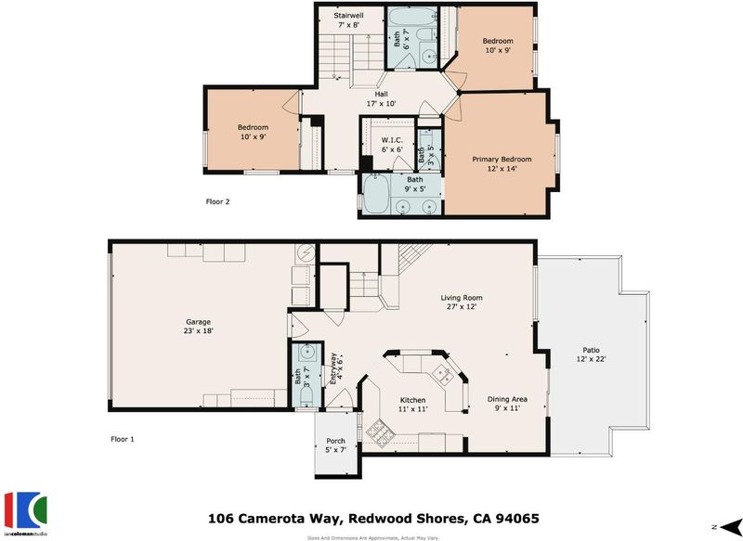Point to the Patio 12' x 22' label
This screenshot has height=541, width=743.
tap(591, 354)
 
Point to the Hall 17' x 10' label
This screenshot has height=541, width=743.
tap(381, 98)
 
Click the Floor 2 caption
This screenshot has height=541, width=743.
tap(217, 201)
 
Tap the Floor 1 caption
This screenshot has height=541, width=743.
tap(123, 439)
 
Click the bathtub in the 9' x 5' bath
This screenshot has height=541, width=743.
tap(377, 194)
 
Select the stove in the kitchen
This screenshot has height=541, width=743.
tap(378, 432)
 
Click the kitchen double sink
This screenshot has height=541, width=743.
tap(444, 374)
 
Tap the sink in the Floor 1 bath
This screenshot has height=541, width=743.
tap(306, 352)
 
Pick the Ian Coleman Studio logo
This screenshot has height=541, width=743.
tap(26, 514)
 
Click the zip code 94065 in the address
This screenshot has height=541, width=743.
tap(517, 519)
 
